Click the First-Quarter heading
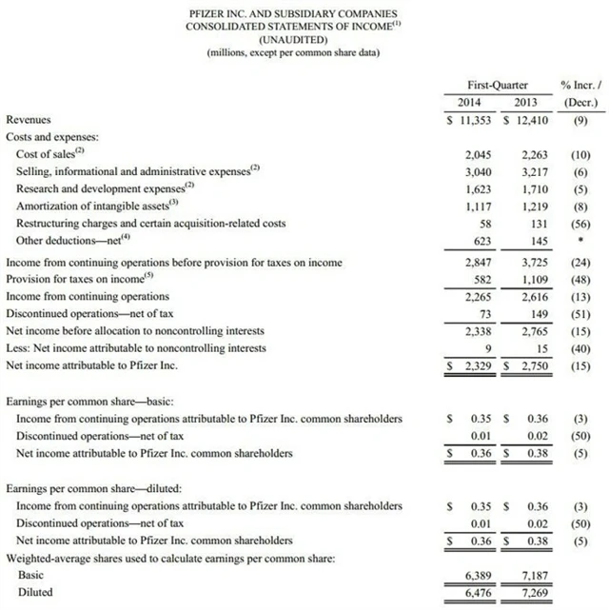(x=497, y=85)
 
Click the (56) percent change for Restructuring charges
(x=580, y=224)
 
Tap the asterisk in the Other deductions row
(x=580, y=242)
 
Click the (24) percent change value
(x=580, y=262)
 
